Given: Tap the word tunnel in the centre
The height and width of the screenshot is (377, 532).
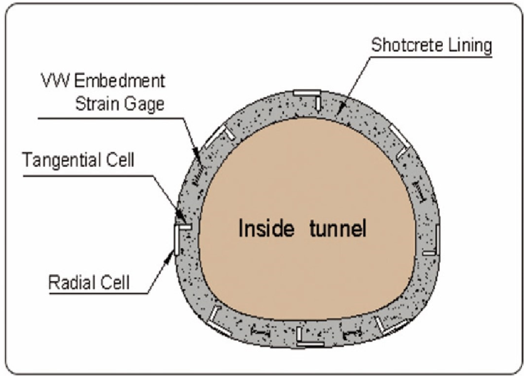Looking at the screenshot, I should tap(339, 229).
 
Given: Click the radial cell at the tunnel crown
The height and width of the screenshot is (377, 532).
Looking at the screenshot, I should tap(306, 92).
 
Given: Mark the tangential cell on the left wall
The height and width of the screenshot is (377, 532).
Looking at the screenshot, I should tap(185, 228).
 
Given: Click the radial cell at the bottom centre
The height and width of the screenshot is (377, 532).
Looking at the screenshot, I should tap(310, 344).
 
